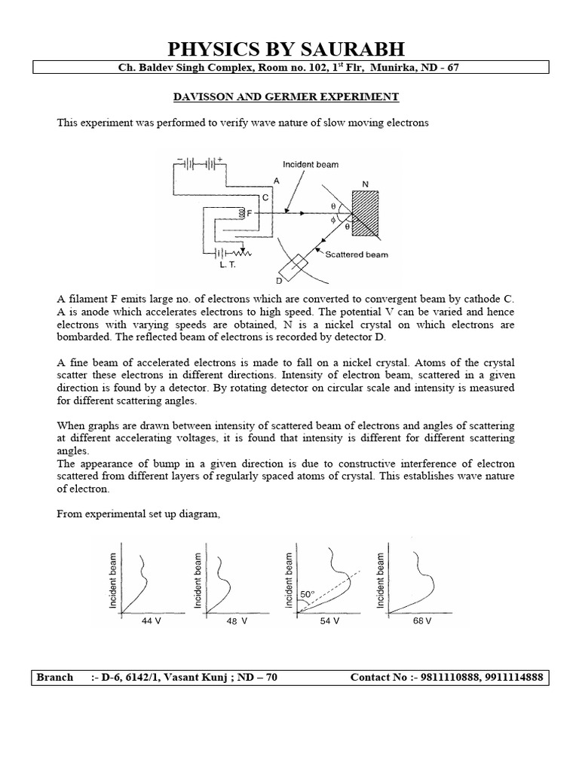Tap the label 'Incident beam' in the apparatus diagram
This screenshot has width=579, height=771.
310,164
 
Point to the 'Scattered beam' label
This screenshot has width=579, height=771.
357,254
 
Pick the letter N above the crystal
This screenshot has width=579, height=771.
366,183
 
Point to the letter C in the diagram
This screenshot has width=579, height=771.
265,197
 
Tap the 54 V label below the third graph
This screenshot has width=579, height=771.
329,621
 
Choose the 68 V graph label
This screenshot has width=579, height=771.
422,621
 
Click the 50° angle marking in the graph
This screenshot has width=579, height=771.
307,594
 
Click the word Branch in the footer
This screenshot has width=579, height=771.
55,677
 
